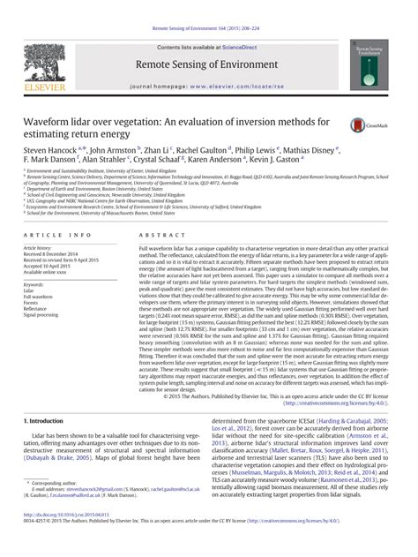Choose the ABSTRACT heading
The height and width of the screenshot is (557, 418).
(156, 236)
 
